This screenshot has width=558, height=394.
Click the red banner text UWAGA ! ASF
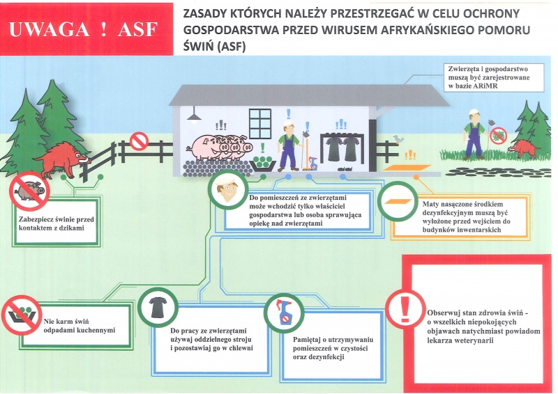point(83,29)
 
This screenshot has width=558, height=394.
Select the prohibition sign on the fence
point(139,141)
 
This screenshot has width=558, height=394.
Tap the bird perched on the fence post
point(398,139)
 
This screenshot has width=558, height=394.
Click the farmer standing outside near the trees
point(474,133)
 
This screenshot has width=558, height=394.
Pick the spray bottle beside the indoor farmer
point(313,163)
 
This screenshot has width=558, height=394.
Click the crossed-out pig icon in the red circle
point(29,191)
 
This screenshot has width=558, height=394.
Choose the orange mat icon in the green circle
point(397,201)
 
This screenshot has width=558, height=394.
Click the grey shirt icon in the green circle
point(158,308)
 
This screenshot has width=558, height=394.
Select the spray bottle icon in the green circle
point(284,313)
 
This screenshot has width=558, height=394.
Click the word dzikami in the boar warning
point(73,228)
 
